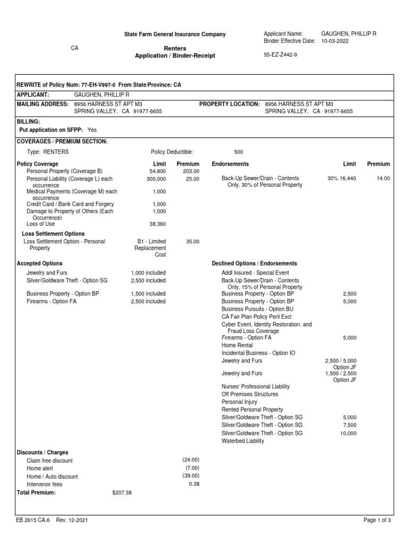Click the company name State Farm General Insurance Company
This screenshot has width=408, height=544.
pos(175,35)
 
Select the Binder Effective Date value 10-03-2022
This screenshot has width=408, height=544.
pos(335,41)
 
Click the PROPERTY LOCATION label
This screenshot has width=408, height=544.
pos(229,104)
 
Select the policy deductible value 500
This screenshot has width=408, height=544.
pos(239,151)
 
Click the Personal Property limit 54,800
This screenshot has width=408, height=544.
pos(157,172)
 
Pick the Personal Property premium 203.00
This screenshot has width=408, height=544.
pos(191,172)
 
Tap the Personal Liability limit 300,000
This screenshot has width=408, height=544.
pos(156,179)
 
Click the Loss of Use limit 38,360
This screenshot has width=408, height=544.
pos(157,224)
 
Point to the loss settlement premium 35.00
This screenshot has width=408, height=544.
pos(192,242)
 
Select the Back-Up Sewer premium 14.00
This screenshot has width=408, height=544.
pos(383,179)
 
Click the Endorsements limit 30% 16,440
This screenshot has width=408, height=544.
pos(342,179)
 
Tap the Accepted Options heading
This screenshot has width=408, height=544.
pos(40,263)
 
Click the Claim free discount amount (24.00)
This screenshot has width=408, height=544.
pos(191,460)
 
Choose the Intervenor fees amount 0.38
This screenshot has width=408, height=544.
pos(194,484)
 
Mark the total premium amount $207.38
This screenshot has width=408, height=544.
pos(122,493)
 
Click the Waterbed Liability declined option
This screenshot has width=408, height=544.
pos(242,441)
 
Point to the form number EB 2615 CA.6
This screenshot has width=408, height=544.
pos(33,521)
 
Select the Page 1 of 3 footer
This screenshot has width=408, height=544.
pos(377,521)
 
